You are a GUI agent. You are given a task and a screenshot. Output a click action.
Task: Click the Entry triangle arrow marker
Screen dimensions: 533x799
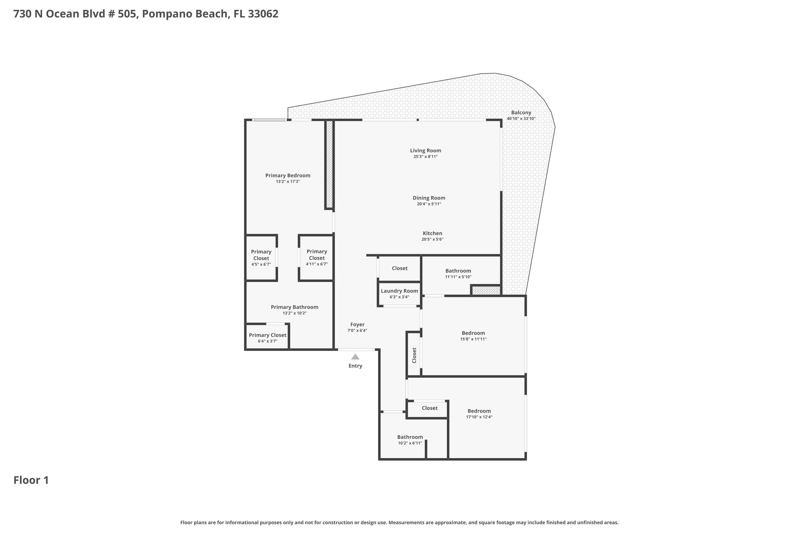[x=355, y=357]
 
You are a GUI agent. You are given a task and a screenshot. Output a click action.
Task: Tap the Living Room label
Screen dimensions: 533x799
[x=425, y=151]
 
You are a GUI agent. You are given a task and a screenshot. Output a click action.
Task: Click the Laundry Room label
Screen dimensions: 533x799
[x=399, y=291]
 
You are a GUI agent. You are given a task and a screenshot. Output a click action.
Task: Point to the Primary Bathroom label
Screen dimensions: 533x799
[x=294, y=307]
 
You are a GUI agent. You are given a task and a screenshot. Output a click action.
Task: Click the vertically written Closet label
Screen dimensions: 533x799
[x=414, y=355]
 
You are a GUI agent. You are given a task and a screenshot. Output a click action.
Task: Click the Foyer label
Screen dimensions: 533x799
[x=357, y=325]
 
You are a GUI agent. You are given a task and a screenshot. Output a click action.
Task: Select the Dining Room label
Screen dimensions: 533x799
[x=429, y=198]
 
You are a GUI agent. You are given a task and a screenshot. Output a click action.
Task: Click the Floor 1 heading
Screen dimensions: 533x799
[x=31, y=480]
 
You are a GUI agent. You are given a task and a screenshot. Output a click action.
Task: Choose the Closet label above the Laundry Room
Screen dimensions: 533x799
[x=399, y=268]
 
